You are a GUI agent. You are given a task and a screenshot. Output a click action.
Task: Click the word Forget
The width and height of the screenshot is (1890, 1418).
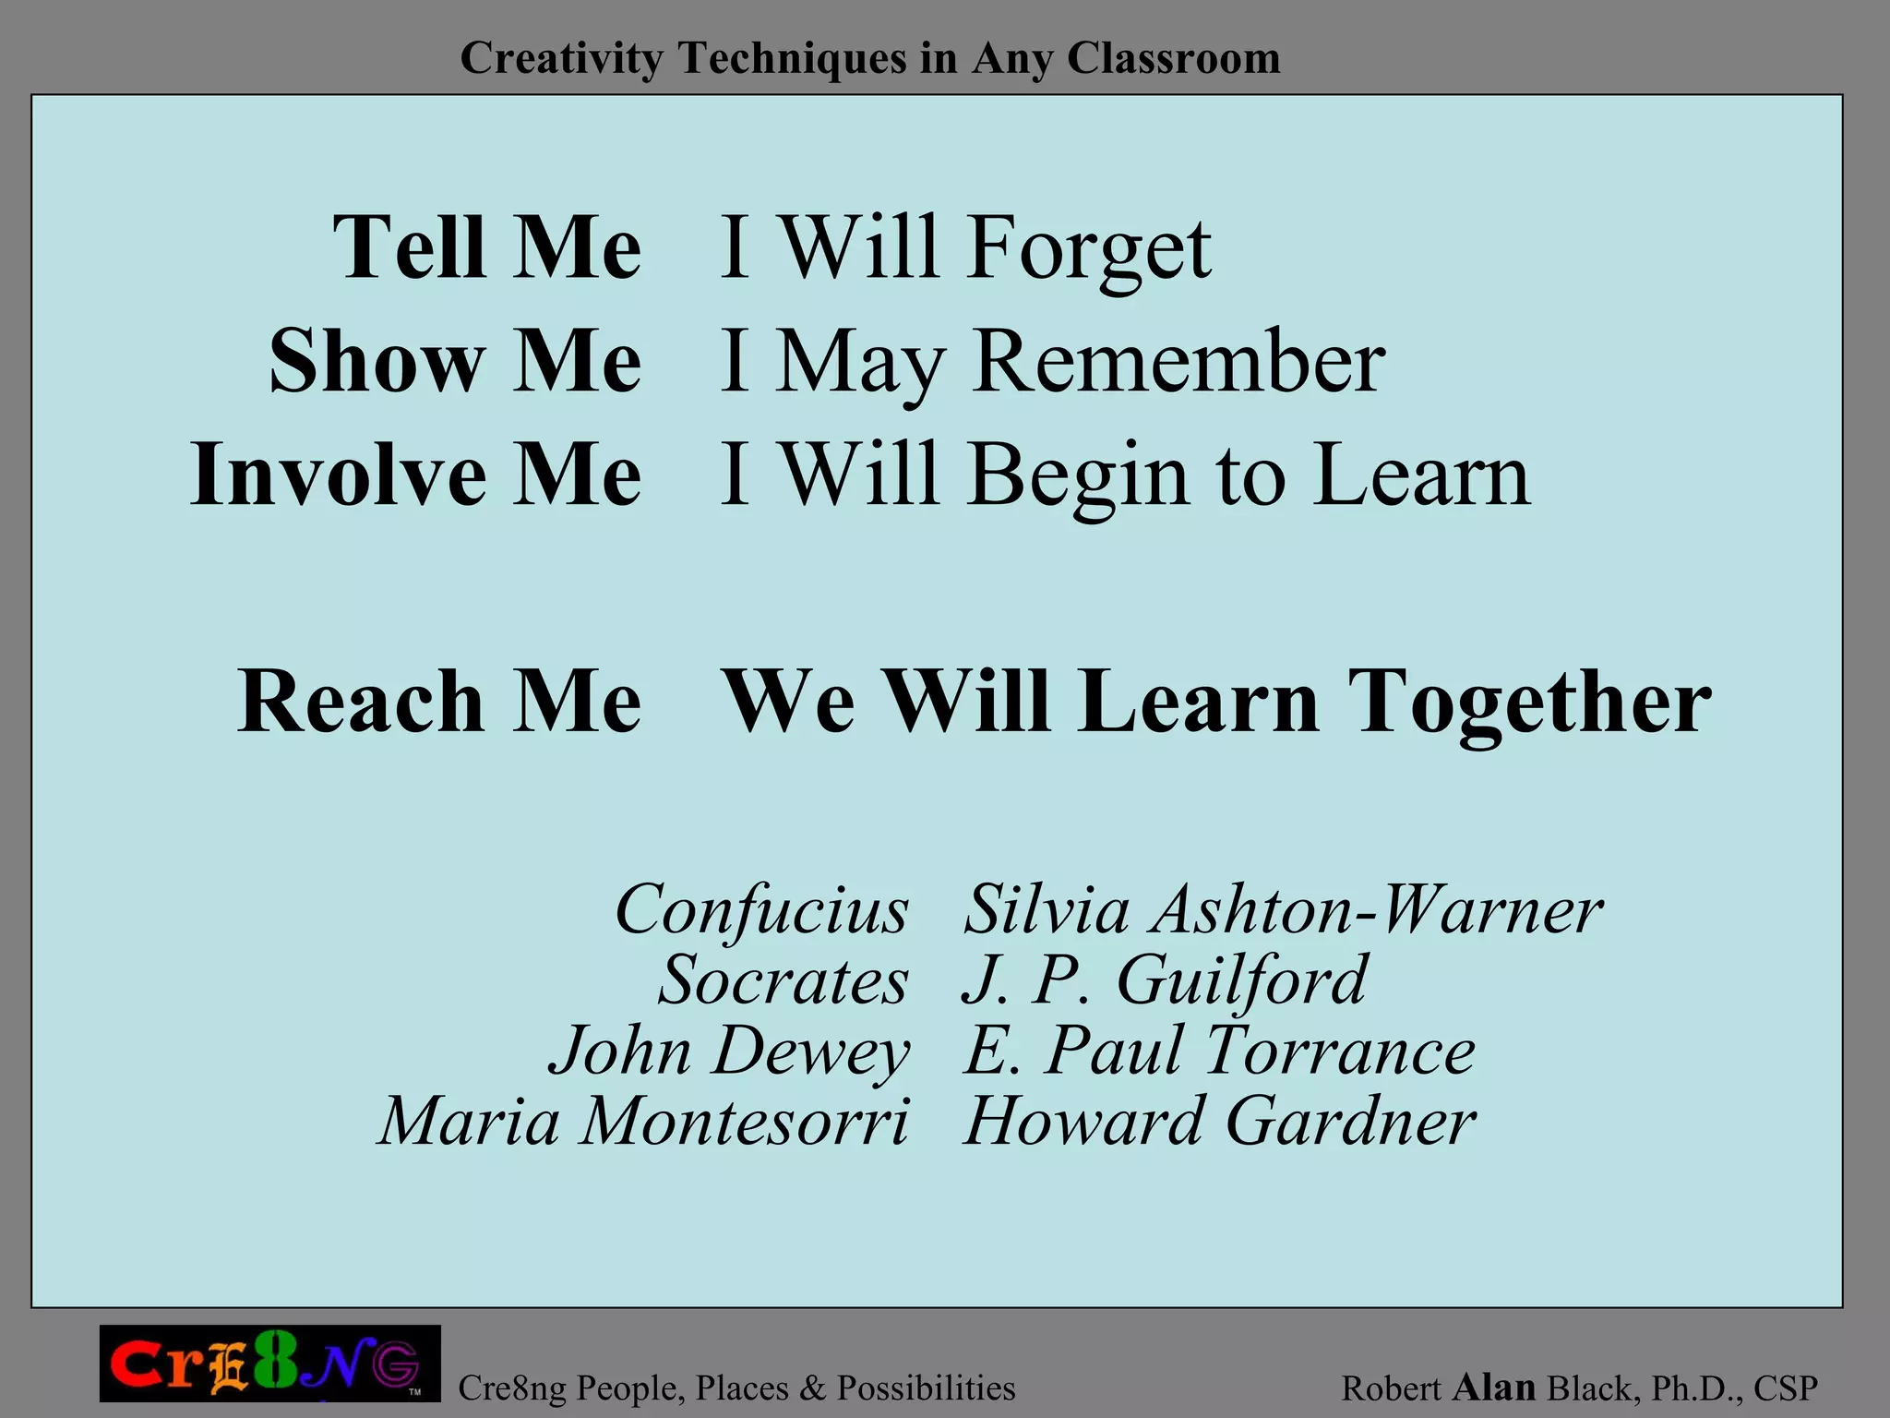(x=1089, y=249)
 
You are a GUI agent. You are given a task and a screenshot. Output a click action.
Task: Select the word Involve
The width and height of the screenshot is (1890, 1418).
(x=338, y=475)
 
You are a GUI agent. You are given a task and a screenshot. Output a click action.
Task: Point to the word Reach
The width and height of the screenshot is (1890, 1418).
(x=360, y=702)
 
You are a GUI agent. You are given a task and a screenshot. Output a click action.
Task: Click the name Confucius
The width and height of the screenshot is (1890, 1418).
(x=762, y=910)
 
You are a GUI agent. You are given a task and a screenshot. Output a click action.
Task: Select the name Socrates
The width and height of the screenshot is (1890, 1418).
(x=783, y=980)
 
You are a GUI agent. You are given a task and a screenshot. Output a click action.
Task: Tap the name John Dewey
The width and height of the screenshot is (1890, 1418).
(x=729, y=1051)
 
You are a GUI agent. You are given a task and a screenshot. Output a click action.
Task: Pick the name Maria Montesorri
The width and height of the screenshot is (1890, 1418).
(x=644, y=1123)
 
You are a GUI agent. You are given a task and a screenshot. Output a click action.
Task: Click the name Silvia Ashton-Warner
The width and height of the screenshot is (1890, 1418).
(x=1283, y=910)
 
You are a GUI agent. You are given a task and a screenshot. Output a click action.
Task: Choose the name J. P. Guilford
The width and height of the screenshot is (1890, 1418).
(x=1165, y=980)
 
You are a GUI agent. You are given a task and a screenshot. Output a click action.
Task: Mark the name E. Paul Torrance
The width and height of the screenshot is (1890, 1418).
(x=1219, y=1051)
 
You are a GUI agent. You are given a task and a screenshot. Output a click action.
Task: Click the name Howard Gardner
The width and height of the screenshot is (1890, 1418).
(x=1219, y=1123)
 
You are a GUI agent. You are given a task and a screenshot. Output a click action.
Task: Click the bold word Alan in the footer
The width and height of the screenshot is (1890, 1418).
(x=1494, y=1387)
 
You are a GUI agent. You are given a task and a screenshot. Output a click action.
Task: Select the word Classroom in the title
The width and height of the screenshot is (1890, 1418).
(x=1174, y=58)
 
